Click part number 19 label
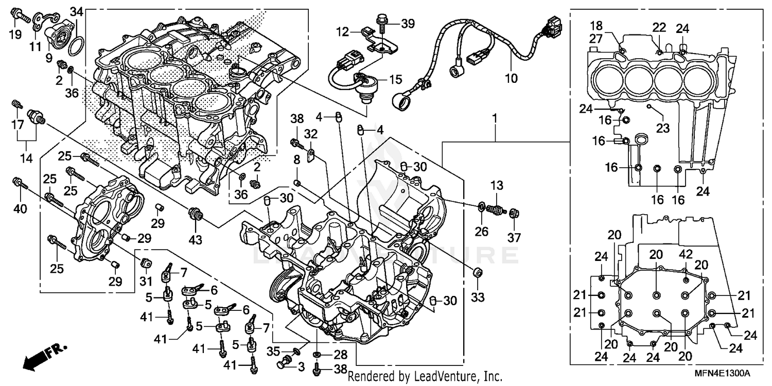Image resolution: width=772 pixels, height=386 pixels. [x=15, y=35]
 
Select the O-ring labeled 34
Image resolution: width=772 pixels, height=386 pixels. [x=75, y=46]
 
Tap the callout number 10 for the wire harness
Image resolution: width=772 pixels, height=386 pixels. [x=511, y=79]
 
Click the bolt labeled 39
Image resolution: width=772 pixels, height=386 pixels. [x=382, y=22]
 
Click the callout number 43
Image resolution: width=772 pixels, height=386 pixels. [x=196, y=239]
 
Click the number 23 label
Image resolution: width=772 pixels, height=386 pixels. [x=663, y=128]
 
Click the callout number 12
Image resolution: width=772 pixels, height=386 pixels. [x=343, y=32]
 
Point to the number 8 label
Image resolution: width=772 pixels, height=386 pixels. [x=296, y=161]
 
